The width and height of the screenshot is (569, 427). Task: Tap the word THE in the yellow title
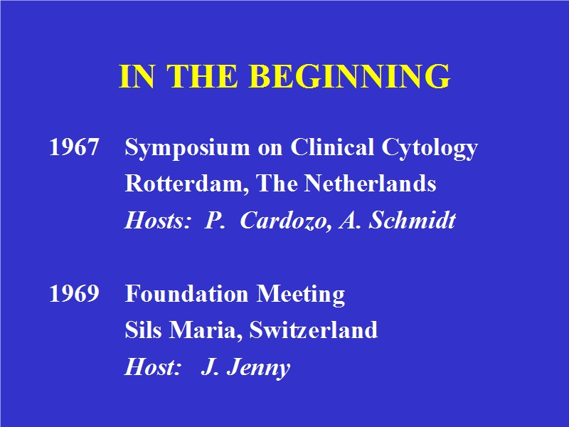[202, 76]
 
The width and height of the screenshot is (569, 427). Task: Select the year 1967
[74, 147]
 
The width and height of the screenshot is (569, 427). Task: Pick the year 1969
[74, 293]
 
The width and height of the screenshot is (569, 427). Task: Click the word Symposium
[187, 149]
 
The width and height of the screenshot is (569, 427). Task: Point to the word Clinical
[332, 147]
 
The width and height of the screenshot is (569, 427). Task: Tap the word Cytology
[430, 149]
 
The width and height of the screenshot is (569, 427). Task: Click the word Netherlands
[370, 183]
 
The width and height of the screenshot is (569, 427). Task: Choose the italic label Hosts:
[157, 220]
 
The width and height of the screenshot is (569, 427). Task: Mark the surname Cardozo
[286, 221]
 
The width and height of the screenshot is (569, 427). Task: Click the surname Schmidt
[413, 220]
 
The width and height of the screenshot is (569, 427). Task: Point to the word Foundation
[187, 293]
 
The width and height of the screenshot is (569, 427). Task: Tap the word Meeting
[301, 295]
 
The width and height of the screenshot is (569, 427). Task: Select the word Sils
[143, 330]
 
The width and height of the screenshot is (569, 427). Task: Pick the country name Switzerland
[314, 330]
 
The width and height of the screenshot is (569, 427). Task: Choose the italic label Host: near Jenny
[153, 367]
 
